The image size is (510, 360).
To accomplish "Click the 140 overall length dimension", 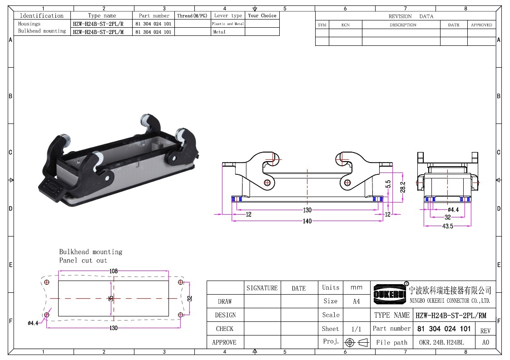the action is tap(307, 221).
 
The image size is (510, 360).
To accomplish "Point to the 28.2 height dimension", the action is tap(403, 187).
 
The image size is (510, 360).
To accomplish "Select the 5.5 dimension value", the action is tap(388, 184).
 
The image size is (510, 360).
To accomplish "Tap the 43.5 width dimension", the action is tap(447, 226).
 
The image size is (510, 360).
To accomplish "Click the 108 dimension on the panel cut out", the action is tap(113, 271).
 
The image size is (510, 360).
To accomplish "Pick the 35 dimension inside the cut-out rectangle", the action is tap(111, 298).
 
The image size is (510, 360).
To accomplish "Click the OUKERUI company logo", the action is tap(390, 294).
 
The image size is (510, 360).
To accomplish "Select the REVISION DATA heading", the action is tap(411, 16).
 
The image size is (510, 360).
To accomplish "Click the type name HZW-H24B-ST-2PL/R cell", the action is tap(98, 24).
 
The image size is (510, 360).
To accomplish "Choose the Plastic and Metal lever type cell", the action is tap(228, 24).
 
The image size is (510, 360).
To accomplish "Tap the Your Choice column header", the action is tap(262, 15).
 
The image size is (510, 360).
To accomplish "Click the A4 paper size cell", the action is tap(357, 301).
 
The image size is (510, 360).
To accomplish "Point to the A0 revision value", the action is tap(485, 342).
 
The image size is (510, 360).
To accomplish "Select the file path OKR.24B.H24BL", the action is tap(441, 342).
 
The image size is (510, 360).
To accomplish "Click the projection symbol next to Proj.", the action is tap(357, 342).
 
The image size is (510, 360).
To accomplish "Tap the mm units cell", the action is tap(357, 288).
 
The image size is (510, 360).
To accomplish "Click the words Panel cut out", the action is tap(83, 261).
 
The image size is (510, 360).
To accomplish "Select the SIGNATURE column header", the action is tap(262, 288).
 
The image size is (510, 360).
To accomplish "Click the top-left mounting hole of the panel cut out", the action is tap(46, 282).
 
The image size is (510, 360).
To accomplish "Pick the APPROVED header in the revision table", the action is tap(481, 25).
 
